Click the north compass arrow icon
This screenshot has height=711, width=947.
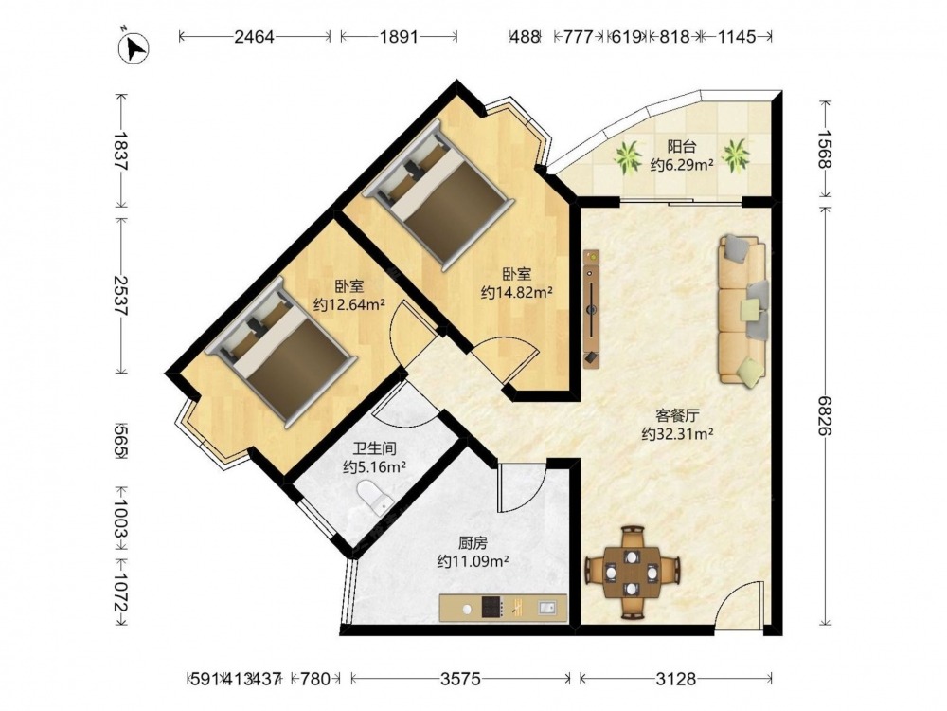coord(134,47)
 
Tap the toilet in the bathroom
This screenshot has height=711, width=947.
coord(375,497)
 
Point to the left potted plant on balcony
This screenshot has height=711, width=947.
coord(629,157)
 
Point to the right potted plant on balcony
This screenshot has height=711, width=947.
coord(736,155)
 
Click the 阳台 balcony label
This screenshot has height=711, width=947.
coord(682,146)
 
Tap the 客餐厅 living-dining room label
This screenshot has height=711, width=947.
coord(678,416)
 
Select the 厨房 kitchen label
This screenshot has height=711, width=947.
coord(473,543)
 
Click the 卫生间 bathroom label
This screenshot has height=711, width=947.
coord(374,448)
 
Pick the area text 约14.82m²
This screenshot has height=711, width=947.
coord(517,293)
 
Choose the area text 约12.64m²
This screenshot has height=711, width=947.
coord(349,304)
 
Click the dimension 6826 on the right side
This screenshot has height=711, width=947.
coord(825,415)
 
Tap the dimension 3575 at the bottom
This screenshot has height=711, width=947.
coord(460,679)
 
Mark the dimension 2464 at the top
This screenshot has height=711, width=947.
coord(254,37)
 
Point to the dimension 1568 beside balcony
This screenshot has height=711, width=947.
coord(825,150)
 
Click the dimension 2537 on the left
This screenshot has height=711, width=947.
coord(122,296)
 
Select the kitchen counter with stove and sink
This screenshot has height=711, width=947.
coord(503,609)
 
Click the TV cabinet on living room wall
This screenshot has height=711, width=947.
coord(592,309)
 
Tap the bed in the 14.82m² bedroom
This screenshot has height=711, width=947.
coord(435,194)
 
